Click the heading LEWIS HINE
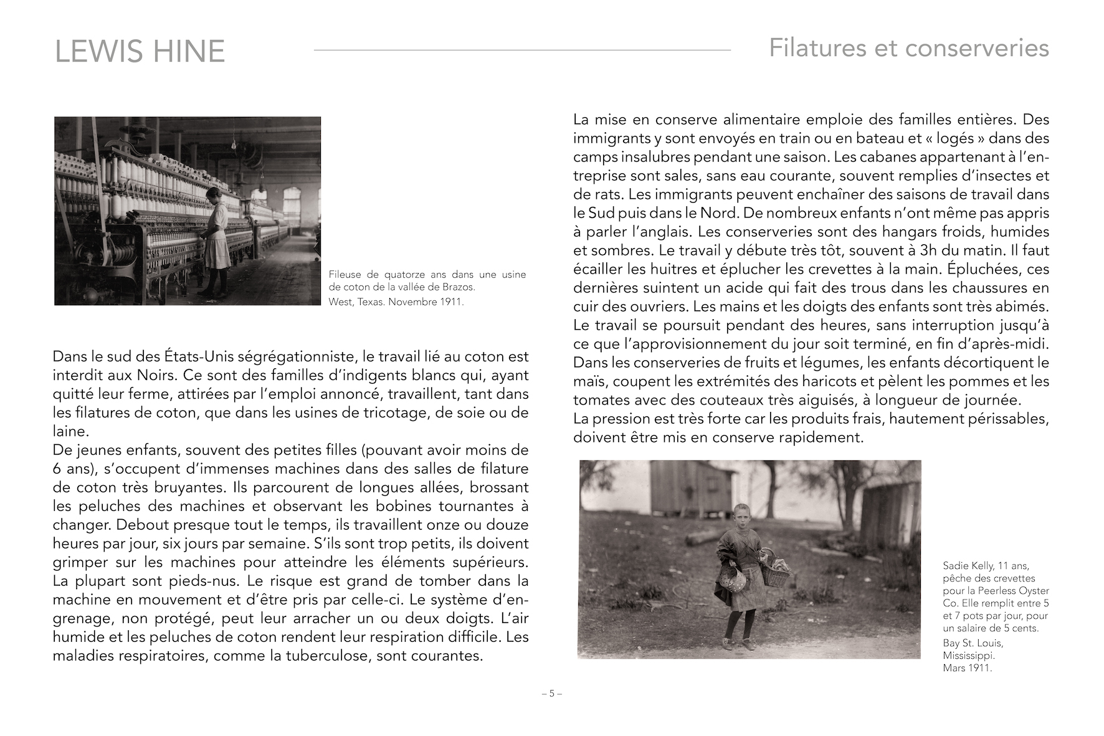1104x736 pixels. pyautogui.click(x=140, y=51)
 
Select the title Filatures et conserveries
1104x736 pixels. pyautogui.click(x=908, y=48)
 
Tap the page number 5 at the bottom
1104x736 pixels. pyautogui.click(x=551, y=693)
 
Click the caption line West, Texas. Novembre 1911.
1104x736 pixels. pyautogui.click(x=396, y=302)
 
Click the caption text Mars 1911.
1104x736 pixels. pyautogui.click(x=967, y=668)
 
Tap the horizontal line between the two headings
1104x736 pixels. pyautogui.click(x=522, y=50)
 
